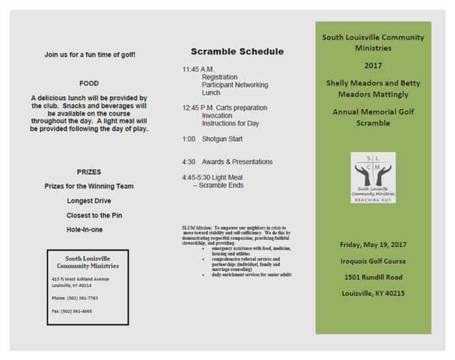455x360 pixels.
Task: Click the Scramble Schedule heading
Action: point(237,52)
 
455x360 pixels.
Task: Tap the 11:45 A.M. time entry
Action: point(198,69)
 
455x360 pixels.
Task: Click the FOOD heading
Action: point(89,83)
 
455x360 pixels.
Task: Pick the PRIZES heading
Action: point(89,172)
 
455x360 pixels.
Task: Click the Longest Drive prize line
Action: point(89,201)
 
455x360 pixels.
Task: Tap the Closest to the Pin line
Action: point(94,215)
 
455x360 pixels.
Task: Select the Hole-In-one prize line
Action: point(84,229)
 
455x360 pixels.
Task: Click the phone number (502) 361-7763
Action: point(75,298)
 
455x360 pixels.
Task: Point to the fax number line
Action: point(72,311)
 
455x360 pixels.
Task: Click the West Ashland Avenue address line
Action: point(81,279)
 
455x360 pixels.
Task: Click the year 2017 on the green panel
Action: point(373,66)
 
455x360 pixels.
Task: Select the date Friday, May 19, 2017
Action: point(373,244)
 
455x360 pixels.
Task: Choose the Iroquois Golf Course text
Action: point(373,261)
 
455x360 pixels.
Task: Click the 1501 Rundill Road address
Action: point(373,277)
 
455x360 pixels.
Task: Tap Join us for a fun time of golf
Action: point(90,55)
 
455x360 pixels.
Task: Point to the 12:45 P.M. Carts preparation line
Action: point(224,108)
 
